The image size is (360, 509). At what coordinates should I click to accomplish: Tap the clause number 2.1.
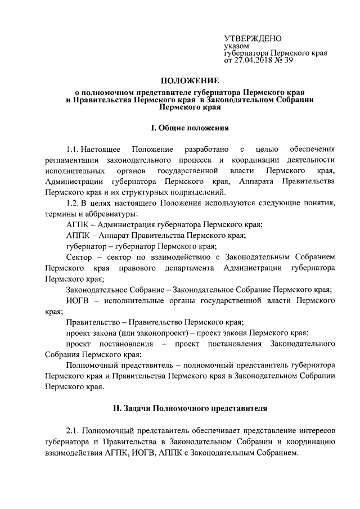tap(73, 431)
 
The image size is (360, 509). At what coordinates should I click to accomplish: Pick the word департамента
tap(187, 267)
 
